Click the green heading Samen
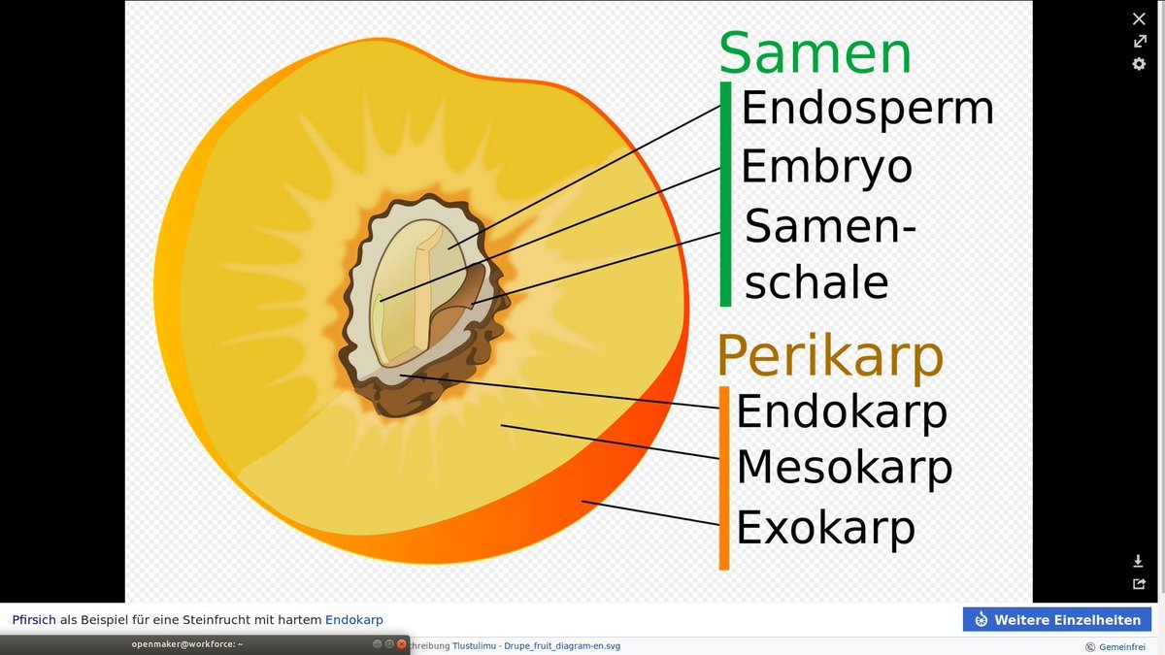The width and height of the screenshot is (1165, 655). pos(815,53)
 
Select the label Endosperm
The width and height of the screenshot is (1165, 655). pos(868,109)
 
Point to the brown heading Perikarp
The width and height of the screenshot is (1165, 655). pos(830,356)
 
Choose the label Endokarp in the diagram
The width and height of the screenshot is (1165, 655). pos(842,411)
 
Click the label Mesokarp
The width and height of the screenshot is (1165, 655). pos(844,468)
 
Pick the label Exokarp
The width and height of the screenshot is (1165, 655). pos(825,527)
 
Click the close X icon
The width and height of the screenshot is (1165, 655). pos(1139,18)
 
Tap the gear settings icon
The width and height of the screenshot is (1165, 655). pos(1139,64)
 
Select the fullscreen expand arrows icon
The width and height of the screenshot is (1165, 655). pos(1139,41)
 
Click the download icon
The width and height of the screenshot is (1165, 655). pos(1138,561)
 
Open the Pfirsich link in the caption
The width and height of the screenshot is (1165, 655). pos(34,620)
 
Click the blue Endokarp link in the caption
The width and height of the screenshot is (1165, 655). pos(354,620)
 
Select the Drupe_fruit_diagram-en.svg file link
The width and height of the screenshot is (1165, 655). pos(562,646)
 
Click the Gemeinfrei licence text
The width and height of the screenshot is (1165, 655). pos(1122,646)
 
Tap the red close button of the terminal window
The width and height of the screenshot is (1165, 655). pos(402,644)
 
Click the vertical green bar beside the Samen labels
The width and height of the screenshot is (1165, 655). pos(725,194)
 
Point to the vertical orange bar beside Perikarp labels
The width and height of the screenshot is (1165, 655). pos(724,478)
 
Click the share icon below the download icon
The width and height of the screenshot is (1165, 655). pos(1139,584)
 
